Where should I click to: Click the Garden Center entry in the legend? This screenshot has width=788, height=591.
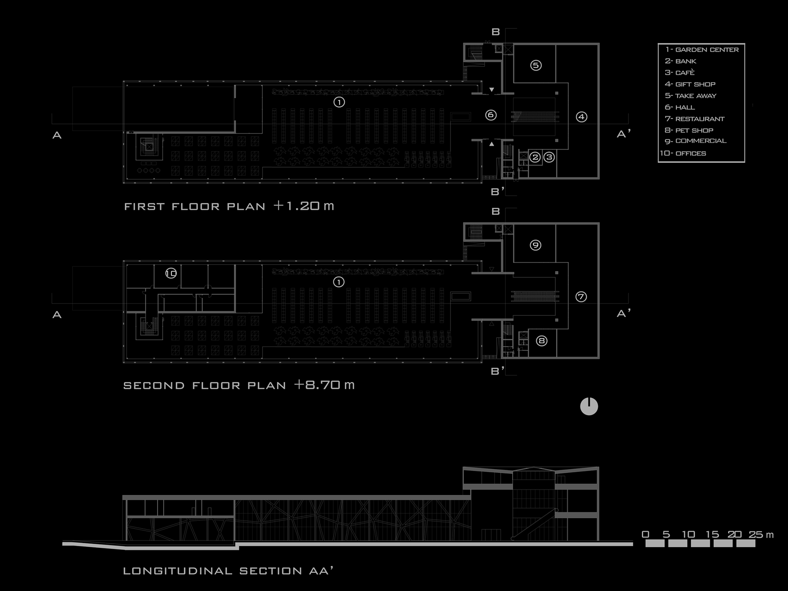(x=702, y=50)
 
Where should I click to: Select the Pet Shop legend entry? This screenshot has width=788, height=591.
(x=689, y=130)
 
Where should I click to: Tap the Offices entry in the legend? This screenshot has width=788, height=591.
(x=683, y=153)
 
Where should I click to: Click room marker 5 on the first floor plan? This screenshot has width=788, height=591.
(x=536, y=65)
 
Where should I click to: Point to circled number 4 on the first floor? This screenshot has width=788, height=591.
(x=581, y=117)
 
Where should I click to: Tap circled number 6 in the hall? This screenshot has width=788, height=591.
(x=491, y=115)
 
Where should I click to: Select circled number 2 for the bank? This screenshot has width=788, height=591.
(x=535, y=157)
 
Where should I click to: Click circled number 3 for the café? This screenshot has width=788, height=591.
(x=549, y=157)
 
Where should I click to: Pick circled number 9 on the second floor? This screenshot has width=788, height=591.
(x=535, y=245)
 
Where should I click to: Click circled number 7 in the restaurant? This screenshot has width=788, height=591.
(x=581, y=297)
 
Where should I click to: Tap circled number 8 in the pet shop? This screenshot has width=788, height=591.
(x=542, y=341)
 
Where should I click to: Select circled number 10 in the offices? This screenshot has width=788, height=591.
(x=171, y=273)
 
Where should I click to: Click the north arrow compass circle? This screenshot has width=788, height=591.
(x=589, y=407)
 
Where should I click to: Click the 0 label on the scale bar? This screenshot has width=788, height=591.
(x=646, y=535)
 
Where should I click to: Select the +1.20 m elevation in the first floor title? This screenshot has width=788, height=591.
(x=304, y=206)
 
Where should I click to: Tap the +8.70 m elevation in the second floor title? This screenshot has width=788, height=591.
(x=324, y=385)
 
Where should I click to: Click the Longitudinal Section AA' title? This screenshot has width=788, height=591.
(x=228, y=571)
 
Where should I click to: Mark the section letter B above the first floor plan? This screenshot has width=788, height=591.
(x=496, y=32)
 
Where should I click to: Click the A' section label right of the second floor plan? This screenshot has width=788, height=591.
(x=623, y=314)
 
